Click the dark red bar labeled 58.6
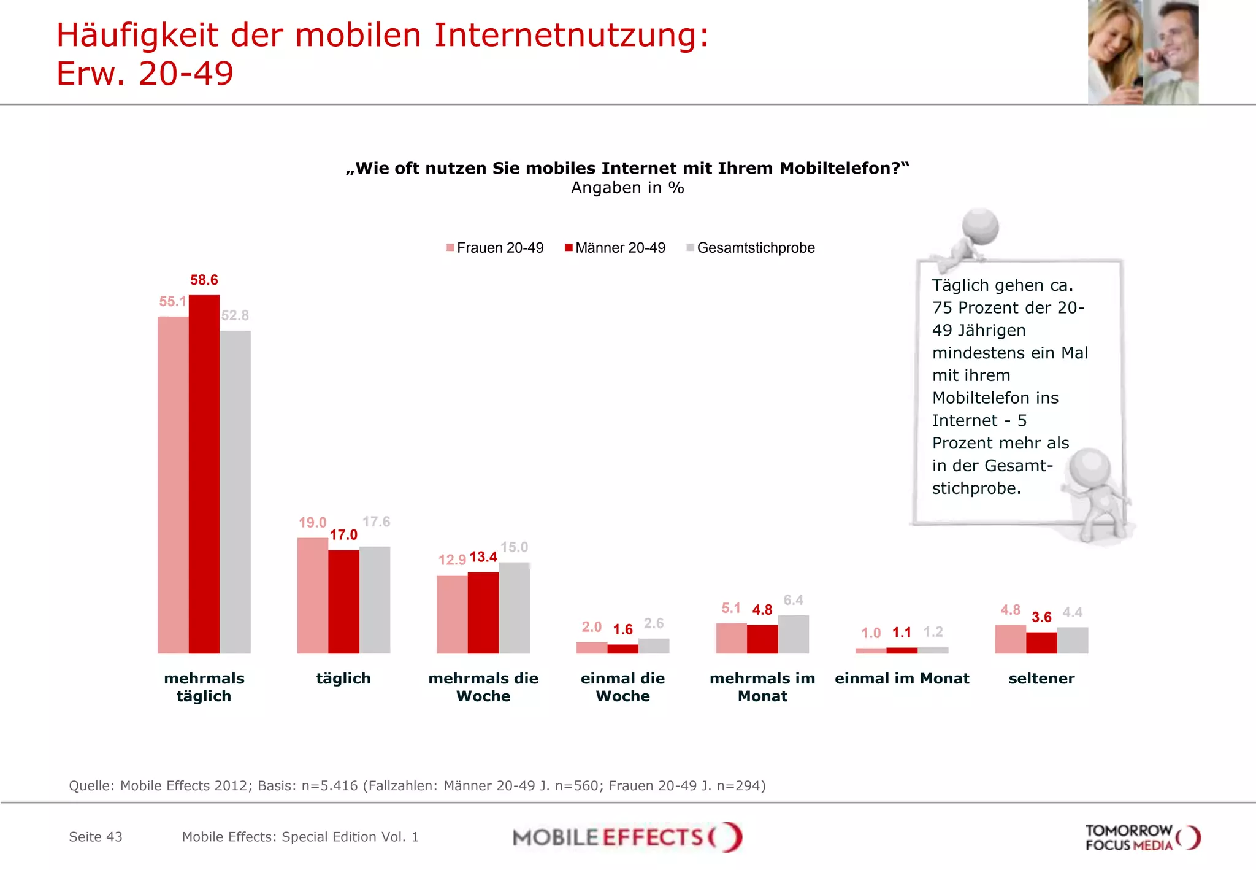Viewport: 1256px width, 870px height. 204,474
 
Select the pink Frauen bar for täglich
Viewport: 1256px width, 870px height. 312,595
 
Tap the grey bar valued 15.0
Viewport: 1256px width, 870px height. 514,607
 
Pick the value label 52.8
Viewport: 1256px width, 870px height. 235,315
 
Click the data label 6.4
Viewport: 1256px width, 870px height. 793,600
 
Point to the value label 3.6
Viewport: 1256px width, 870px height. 1041,617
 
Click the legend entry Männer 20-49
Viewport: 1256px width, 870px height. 615,248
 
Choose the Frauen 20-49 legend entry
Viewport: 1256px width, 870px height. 495,248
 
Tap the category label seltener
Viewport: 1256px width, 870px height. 1041,679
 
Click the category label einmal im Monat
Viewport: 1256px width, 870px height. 902,679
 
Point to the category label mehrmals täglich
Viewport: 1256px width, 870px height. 204,687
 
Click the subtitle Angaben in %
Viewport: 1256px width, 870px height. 627,188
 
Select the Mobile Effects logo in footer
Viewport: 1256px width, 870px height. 627,837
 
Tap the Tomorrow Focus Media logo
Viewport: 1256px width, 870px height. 1142,837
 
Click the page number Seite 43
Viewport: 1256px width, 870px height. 96,837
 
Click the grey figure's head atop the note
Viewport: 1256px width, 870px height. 980,226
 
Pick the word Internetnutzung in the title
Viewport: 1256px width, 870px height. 571,35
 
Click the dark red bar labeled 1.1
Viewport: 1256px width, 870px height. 902,650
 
